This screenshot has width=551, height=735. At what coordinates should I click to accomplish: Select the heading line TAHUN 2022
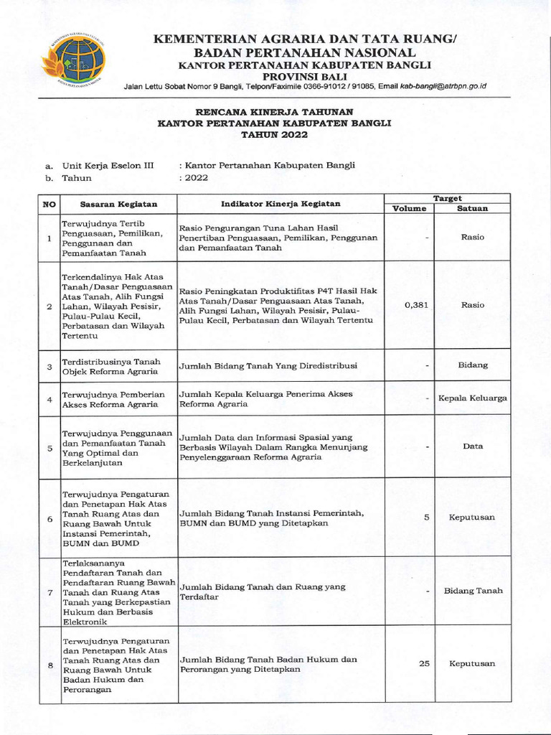tap(274, 134)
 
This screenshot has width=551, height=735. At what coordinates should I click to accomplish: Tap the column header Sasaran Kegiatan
tap(118, 204)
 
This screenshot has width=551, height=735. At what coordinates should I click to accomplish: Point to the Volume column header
tap(409, 209)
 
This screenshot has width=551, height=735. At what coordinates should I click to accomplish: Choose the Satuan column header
tap(473, 209)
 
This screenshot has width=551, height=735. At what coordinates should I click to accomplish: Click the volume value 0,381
tap(416, 305)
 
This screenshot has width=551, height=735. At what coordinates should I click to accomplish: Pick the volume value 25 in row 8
tap(424, 664)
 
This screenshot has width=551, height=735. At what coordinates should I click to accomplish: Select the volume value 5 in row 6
tap(426, 517)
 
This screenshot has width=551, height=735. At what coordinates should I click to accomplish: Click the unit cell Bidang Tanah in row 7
tap(473, 591)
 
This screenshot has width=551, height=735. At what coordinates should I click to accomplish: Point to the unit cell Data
tap(473, 446)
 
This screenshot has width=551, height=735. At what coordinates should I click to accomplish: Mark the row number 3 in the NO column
tap(50, 367)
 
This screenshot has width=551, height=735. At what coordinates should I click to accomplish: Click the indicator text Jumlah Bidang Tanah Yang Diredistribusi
tap(268, 366)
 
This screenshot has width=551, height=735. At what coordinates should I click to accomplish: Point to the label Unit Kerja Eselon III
tap(108, 165)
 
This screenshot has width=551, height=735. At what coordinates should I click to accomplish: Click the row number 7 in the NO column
tap(50, 592)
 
